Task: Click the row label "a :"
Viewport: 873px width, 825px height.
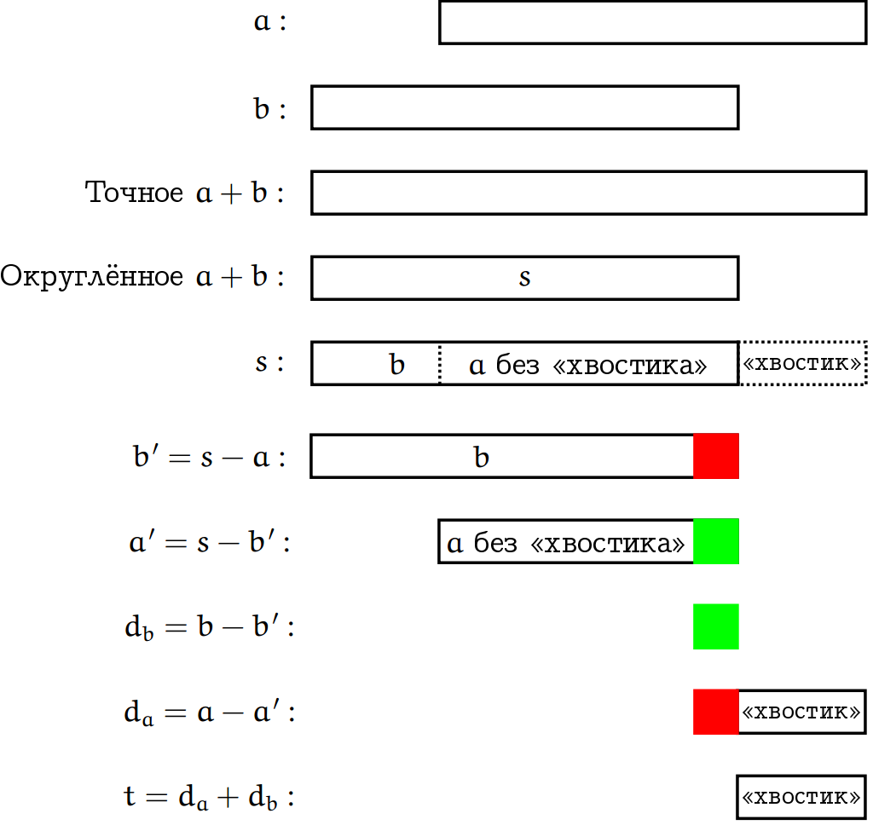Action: (x=270, y=22)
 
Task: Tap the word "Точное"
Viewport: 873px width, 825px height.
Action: (x=135, y=193)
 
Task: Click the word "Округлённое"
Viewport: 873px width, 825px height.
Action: (x=91, y=277)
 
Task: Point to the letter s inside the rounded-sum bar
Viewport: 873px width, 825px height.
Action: (x=524, y=278)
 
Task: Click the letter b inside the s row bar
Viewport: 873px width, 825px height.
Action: (x=397, y=365)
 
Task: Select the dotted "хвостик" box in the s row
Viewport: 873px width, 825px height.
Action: (x=802, y=363)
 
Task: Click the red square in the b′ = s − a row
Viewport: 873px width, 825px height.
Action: (x=716, y=456)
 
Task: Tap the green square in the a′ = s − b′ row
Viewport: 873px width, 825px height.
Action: (x=716, y=541)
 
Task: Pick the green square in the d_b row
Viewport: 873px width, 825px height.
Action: (x=716, y=626)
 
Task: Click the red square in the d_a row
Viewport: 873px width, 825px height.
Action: (x=716, y=712)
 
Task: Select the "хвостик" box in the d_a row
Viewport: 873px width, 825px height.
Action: (x=801, y=712)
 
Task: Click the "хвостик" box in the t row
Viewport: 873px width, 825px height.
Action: (x=801, y=797)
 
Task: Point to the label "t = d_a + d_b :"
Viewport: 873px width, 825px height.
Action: (x=210, y=799)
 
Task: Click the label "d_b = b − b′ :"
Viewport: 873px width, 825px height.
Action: (x=210, y=628)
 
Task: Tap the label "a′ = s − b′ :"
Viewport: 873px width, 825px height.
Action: (x=210, y=543)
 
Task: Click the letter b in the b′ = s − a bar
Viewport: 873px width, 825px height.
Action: (x=482, y=458)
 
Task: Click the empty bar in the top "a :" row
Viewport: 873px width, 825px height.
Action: (x=652, y=22)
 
